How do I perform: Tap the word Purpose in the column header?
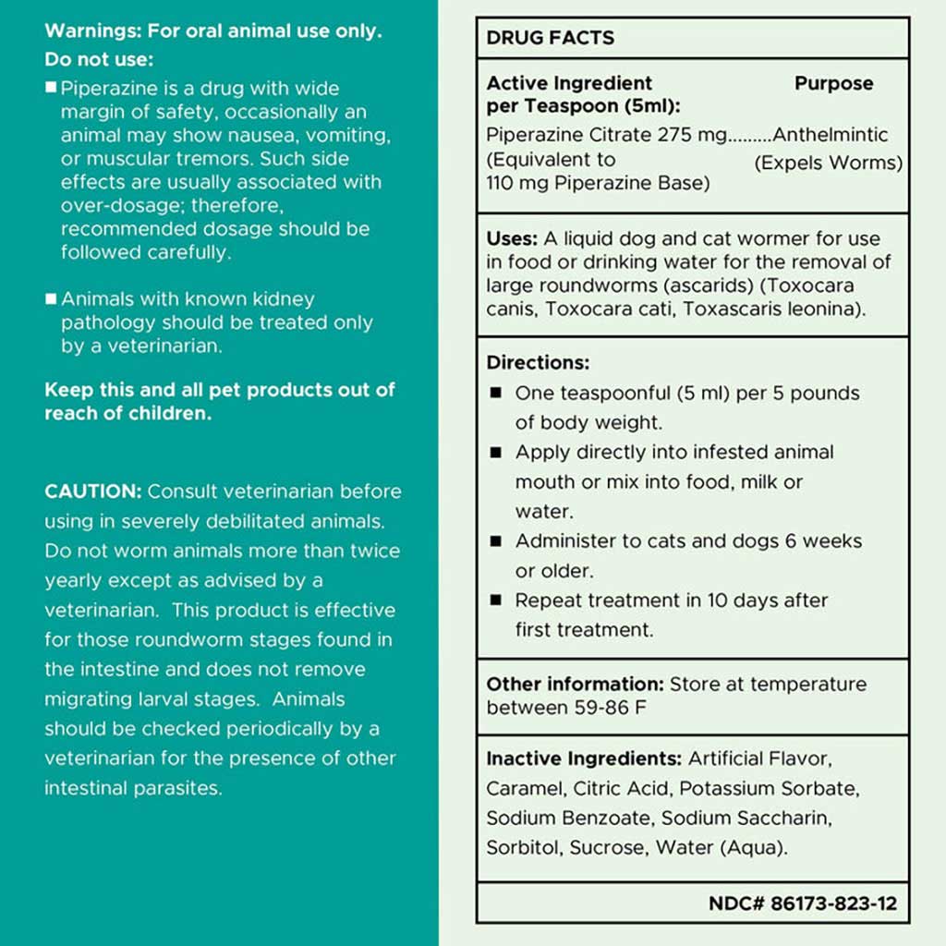[x=833, y=83]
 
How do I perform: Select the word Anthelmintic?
[x=831, y=135]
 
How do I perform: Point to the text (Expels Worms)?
[x=829, y=164]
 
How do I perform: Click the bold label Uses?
[x=512, y=239]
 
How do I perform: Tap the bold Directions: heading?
[x=538, y=363]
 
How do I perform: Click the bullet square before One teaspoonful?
[x=496, y=394]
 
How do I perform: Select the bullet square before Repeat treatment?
[x=496, y=600]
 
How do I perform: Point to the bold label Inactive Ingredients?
[x=584, y=759]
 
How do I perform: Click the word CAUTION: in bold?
[x=93, y=491]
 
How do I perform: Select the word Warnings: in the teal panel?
[x=92, y=30]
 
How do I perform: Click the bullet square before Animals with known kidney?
[x=51, y=299]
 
